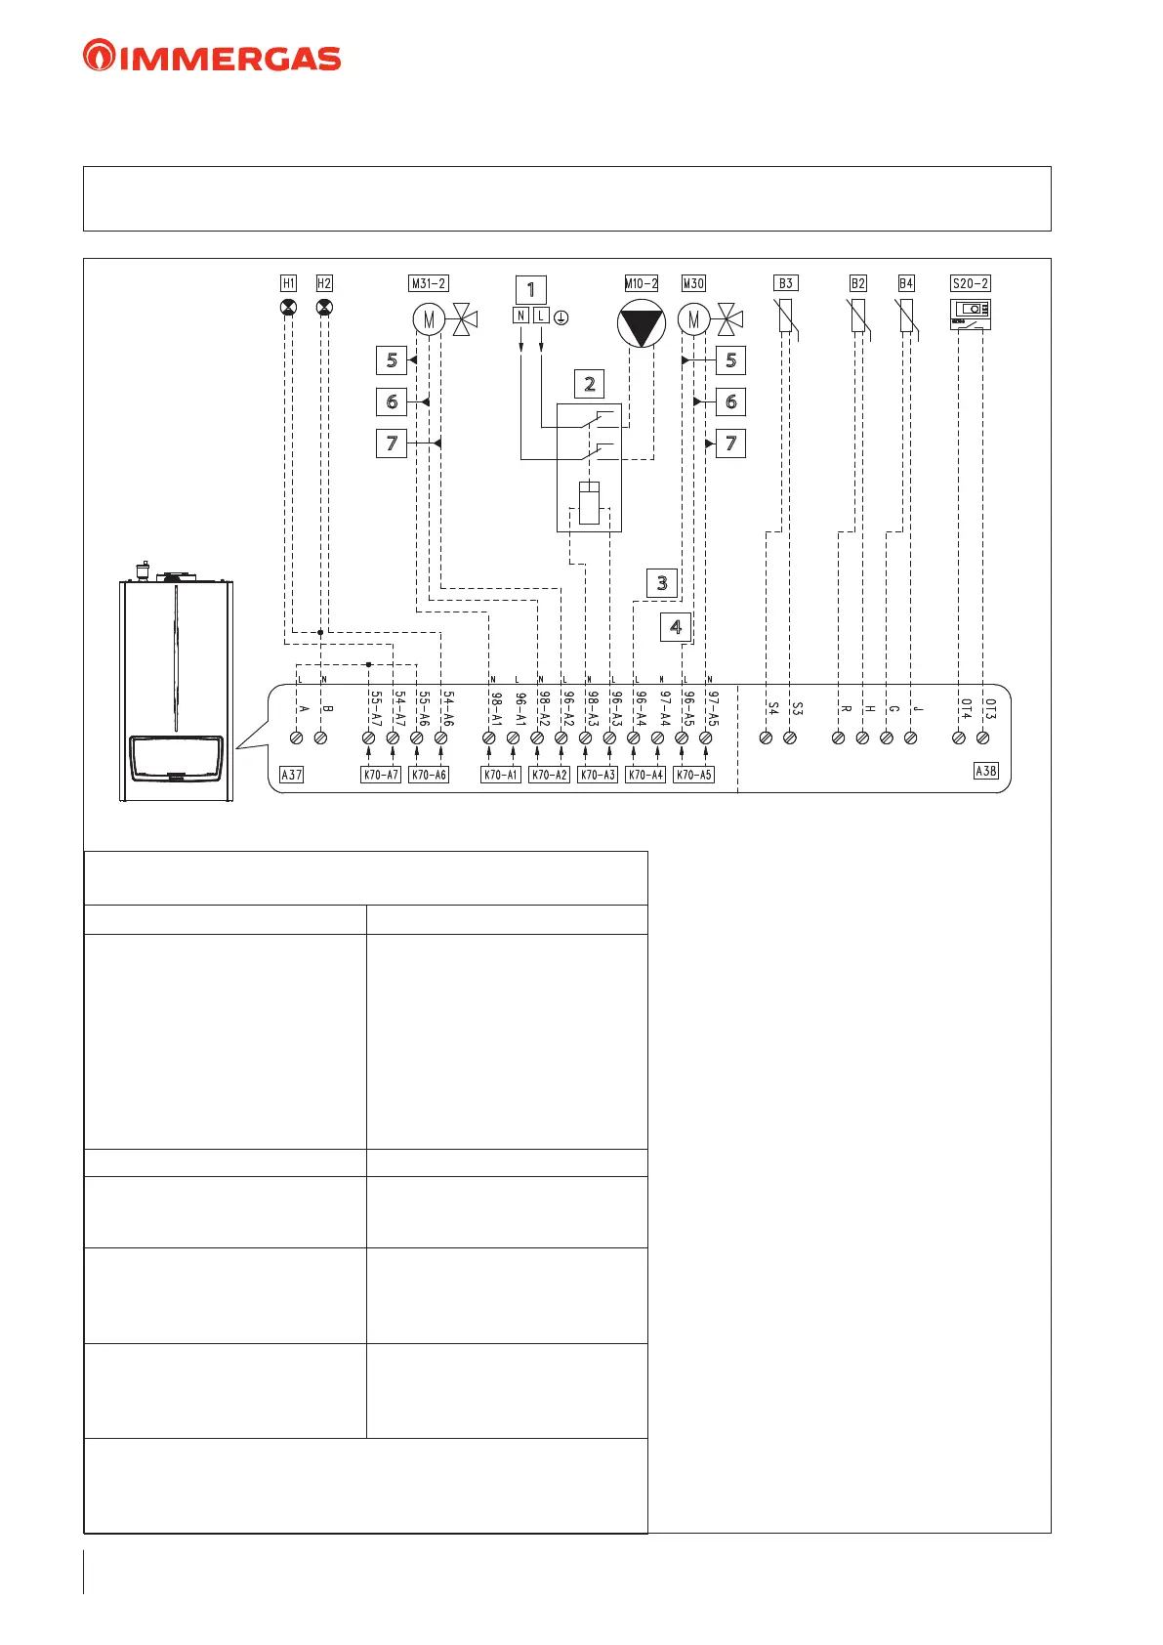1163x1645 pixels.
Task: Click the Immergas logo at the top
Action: point(212,57)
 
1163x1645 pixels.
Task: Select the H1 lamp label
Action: point(288,283)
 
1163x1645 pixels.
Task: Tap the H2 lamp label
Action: point(324,283)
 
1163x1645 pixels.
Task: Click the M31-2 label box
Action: point(429,283)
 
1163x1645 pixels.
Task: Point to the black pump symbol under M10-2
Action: point(642,324)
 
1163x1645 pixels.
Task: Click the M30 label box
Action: point(693,283)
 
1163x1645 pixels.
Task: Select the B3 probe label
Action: point(786,283)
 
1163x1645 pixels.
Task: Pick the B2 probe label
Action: point(857,283)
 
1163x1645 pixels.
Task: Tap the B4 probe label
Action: point(906,283)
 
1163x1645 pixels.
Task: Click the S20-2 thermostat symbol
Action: point(971,314)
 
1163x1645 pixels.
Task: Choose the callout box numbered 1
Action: point(530,289)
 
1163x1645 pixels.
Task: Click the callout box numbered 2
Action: point(589,384)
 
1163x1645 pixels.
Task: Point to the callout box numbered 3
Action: point(662,583)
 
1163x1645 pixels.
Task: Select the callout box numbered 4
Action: point(676,626)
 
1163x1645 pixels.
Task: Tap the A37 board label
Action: point(291,775)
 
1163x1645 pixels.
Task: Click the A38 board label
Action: point(986,771)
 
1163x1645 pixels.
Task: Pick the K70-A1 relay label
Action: point(501,775)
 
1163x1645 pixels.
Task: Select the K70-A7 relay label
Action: point(381,775)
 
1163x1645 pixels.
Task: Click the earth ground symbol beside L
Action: point(561,316)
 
